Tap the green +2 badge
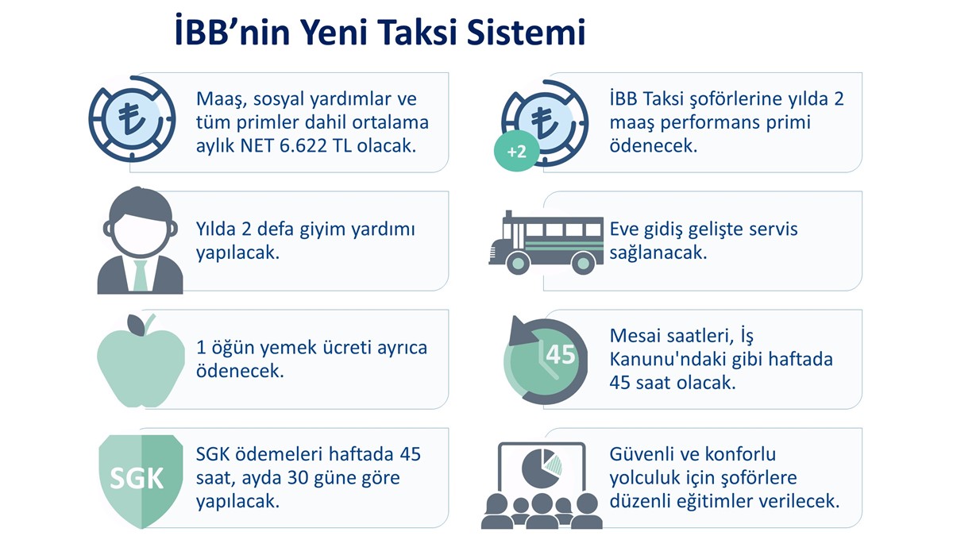(x=516, y=152)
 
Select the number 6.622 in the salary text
(x=303, y=146)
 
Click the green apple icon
(x=141, y=361)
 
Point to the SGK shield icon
(x=141, y=481)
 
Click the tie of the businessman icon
(x=140, y=276)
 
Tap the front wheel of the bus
(x=518, y=263)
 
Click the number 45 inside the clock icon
(x=561, y=354)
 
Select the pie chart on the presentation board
(x=542, y=469)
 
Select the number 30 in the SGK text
(x=299, y=478)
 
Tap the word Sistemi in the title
(x=527, y=33)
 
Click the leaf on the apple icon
(x=136, y=325)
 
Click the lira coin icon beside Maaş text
(x=133, y=119)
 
